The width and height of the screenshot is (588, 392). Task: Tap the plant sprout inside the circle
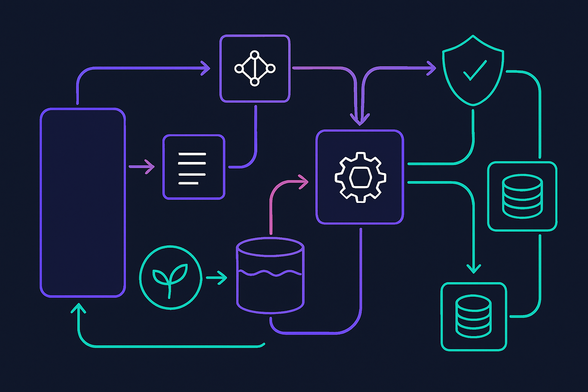pyautogui.click(x=170, y=278)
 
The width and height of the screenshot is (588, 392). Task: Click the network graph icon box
pyautogui.click(x=255, y=69)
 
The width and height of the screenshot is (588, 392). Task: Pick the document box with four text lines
pyautogui.click(x=194, y=167)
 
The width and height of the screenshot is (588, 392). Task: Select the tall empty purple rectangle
pyautogui.click(x=83, y=203)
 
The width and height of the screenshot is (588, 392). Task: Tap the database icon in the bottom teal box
pyautogui.click(x=474, y=316)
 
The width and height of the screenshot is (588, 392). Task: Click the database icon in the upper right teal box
pyautogui.click(x=522, y=196)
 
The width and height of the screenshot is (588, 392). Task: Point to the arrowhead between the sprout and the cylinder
pyautogui.click(x=223, y=278)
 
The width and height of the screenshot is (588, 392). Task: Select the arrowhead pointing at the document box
pyautogui.click(x=151, y=167)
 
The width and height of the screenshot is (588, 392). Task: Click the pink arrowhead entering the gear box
pyautogui.click(x=305, y=181)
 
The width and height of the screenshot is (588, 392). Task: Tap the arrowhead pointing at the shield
pyautogui.click(x=433, y=68)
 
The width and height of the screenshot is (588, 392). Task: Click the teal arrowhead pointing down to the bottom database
pyautogui.click(x=474, y=269)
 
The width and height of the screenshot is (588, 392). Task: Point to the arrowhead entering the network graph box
pyautogui.click(x=207, y=68)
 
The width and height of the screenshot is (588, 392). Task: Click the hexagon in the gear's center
pyautogui.click(x=360, y=177)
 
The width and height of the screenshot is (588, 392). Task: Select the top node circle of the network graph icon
pyautogui.click(x=255, y=55)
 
